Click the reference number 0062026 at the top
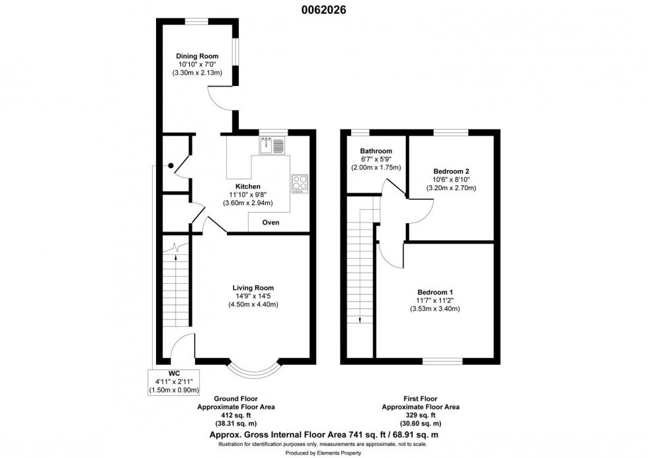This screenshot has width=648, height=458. tap(324, 9)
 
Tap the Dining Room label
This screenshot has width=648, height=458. tap(196, 56)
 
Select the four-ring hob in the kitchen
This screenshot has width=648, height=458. tap(300, 183)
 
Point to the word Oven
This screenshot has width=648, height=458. tap(270, 222)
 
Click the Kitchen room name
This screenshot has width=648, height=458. tap(247, 187)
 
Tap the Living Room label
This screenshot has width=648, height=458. tap(253, 288)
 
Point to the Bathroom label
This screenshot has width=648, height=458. tap(375, 151)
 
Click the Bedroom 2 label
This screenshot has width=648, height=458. tap(451, 171)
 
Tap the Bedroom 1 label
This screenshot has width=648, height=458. tap(434, 292)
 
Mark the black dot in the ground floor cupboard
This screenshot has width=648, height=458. tap(171, 165)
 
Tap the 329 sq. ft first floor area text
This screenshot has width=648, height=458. tap(421, 415)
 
